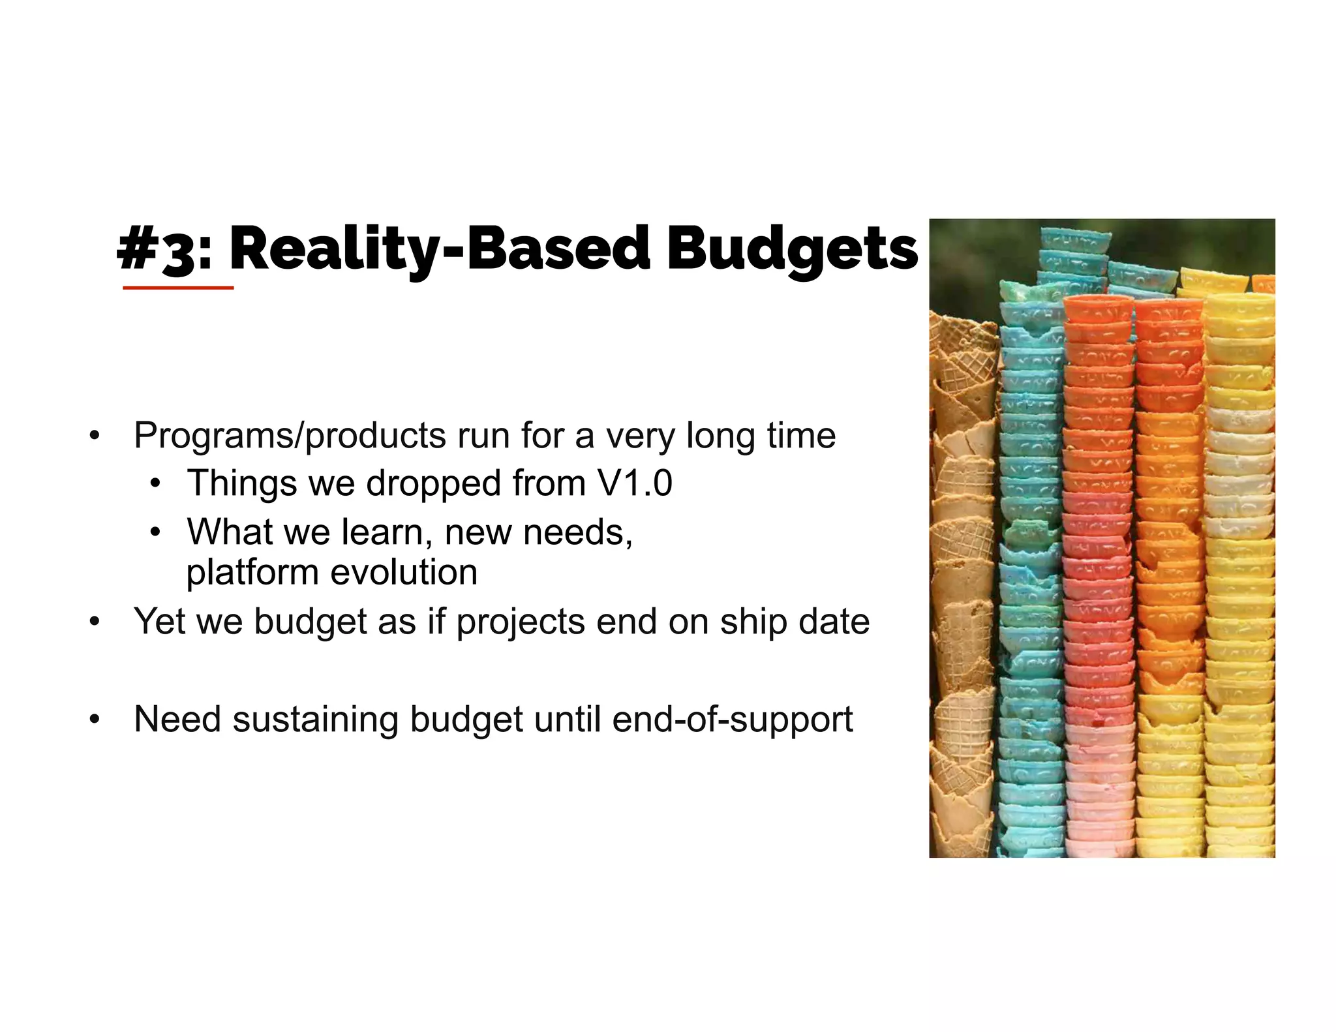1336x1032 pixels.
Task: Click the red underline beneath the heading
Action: point(178,287)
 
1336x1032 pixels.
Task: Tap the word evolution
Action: point(404,572)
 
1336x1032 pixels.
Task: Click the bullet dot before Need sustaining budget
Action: point(95,720)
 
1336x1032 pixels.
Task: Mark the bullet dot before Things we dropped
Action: point(155,484)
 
